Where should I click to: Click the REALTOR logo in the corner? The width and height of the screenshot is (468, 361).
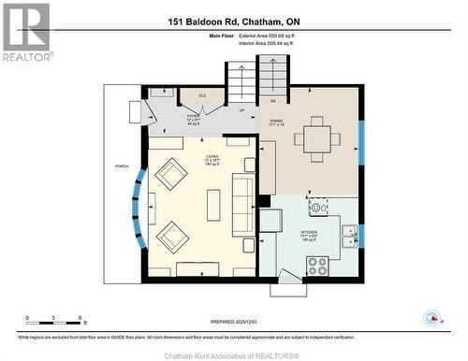[26, 33]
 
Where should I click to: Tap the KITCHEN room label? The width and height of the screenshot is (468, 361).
[311, 234]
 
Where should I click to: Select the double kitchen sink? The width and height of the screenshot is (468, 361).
[348, 236]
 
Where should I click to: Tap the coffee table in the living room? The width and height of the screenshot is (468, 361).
[213, 204]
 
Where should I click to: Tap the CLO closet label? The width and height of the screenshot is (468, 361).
[202, 95]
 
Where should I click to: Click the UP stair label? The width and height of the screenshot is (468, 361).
[241, 109]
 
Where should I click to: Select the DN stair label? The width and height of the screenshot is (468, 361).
[273, 100]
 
